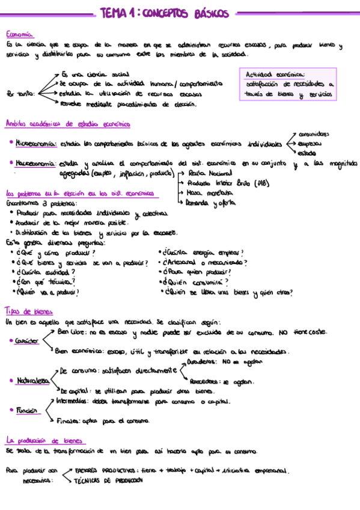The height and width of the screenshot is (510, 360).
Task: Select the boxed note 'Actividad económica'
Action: (x=275, y=74)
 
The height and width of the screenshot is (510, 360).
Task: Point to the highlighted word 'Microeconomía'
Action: (x=36, y=144)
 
